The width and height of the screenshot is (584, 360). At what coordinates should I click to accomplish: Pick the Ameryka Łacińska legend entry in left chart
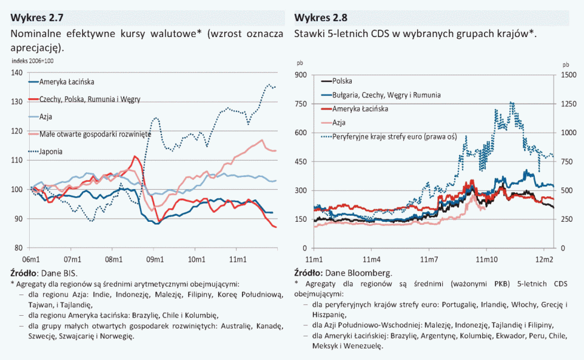(67, 81)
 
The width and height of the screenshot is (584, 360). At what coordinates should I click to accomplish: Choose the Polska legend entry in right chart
(342, 81)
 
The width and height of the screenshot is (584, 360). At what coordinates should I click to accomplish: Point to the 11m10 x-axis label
(486, 259)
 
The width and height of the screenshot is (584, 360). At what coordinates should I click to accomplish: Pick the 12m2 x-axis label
(543, 259)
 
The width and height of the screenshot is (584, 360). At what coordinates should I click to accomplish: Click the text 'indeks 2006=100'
(33, 61)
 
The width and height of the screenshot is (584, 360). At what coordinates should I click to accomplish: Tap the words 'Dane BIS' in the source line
(63, 273)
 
